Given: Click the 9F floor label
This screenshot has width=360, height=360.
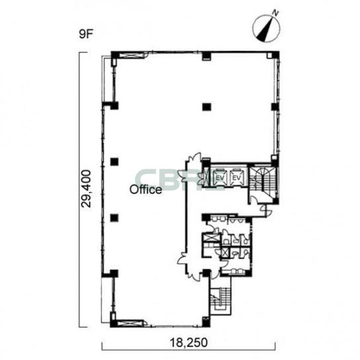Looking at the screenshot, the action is (85, 34).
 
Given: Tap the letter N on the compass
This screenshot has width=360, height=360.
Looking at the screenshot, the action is (275, 13).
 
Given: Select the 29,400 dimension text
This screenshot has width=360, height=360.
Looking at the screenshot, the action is (86, 189).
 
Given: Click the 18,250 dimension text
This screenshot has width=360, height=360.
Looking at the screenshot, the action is (189, 343).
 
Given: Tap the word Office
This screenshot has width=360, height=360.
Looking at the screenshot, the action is (146, 190).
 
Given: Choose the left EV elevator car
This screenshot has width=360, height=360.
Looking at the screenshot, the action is (220, 177).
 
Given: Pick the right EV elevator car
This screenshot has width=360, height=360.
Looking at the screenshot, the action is (236, 177).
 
